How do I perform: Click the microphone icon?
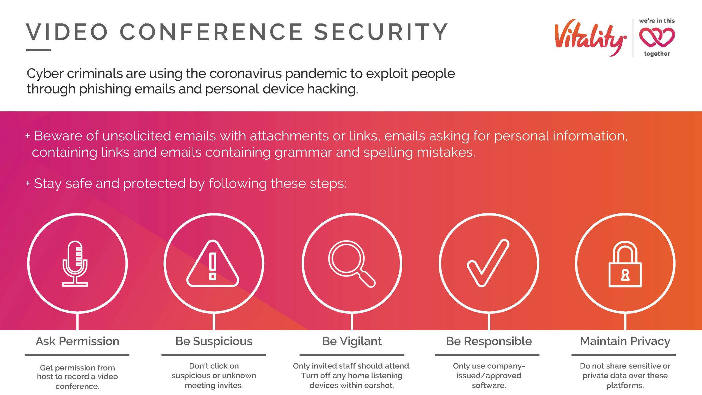(75, 264)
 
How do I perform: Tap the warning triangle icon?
(213, 264)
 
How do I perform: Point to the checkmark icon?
(488, 263)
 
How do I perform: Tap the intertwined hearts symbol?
(657, 37)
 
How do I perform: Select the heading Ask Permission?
(78, 342)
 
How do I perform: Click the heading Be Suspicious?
(214, 342)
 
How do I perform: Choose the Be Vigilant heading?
(352, 342)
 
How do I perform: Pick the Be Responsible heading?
(489, 342)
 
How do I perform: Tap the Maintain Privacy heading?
(625, 342)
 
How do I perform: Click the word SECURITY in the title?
(381, 32)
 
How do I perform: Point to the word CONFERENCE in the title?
(211, 32)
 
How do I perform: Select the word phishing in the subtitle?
(104, 89)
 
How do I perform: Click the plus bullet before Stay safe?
(28, 183)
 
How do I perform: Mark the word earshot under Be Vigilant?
(379, 385)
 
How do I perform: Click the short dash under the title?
(38, 50)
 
